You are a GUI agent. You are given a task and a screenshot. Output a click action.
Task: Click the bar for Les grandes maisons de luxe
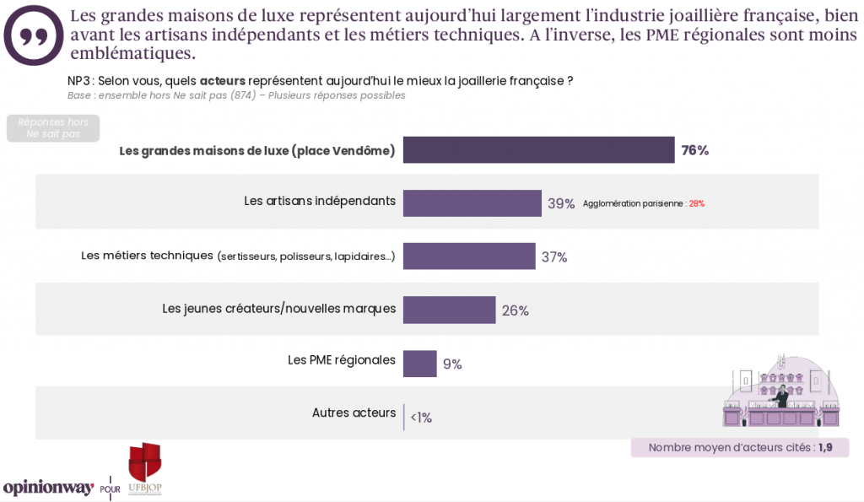538,150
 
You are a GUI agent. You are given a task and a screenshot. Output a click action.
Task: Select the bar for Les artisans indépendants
472,203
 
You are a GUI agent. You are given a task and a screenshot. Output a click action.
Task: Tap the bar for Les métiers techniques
469,256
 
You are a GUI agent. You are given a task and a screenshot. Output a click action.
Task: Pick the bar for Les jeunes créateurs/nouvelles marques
449,310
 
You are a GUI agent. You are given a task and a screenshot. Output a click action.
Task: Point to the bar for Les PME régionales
419,364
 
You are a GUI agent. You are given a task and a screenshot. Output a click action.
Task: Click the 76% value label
695,151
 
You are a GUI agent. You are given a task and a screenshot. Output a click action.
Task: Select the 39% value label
561,204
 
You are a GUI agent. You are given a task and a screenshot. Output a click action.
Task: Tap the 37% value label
554,257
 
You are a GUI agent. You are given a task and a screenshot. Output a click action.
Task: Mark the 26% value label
515,310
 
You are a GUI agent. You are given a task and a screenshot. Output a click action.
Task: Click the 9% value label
452,364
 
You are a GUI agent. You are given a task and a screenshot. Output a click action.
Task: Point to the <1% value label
421,418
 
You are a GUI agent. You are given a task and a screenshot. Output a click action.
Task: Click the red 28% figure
696,204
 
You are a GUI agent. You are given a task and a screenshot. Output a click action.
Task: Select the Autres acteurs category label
354,413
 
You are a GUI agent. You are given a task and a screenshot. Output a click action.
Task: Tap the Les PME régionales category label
342,359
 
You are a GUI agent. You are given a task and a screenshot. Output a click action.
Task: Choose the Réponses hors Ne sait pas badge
53,128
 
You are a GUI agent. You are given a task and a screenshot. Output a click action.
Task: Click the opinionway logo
49,487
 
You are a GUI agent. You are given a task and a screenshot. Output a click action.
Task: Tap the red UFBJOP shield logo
144,463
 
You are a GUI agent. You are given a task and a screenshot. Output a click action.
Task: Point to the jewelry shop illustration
780,391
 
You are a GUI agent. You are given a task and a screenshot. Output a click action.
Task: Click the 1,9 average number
824,448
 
